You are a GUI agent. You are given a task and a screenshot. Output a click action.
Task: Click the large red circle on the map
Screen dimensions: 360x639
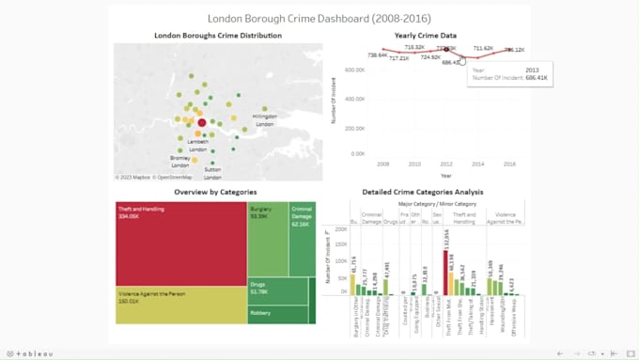point(201,123)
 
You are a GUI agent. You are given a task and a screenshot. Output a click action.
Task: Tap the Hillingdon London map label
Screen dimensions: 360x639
point(265,120)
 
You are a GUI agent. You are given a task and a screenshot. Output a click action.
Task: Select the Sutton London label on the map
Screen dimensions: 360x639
point(213,173)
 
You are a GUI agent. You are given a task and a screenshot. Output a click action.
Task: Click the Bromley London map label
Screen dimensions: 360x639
point(179,161)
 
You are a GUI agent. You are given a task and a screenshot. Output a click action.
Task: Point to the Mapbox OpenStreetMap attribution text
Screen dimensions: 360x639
point(154,177)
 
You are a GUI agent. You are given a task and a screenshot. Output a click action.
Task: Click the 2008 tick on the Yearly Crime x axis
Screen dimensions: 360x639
point(382,163)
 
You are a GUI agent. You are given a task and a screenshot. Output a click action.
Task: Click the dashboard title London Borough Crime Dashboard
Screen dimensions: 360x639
point(318,18)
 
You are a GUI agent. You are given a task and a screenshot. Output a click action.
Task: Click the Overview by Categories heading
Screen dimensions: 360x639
point(214,191)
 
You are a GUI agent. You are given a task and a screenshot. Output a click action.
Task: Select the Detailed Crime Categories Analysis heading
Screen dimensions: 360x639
point(422,191)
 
